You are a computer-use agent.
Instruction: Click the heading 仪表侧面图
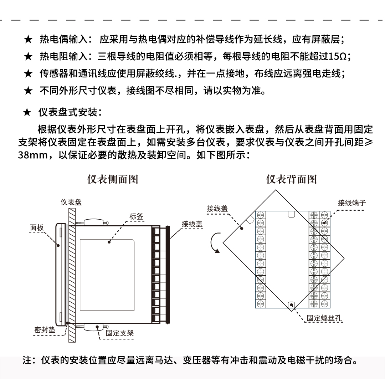tap(113, 179)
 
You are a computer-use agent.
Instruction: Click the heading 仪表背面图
tap(291, 179)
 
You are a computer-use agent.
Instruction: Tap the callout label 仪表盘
tap(71, 203)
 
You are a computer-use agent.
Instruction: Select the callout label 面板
tap(36, 228)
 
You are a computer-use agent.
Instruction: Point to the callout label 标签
tap(136, 216)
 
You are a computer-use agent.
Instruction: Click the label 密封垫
tap(45, 330)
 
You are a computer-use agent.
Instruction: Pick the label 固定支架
tap(120, 333)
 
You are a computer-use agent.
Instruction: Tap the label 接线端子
tap(352, 203)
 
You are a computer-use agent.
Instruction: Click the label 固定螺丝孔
tap(324, 318)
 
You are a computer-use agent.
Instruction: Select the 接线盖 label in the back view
tap(217, 209)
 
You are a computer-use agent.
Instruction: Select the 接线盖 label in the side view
tap(192, 224)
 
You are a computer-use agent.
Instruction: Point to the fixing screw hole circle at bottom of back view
tap(292, 305)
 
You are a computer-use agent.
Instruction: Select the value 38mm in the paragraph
tap(33, 156)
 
